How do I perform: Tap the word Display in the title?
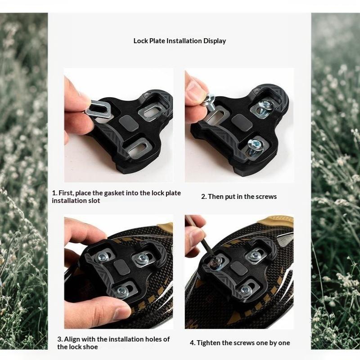coord(215,41)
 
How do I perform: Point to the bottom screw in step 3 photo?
coord(122,291)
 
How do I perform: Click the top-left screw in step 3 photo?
coord(103,256)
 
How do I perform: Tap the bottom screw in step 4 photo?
coord(246,290)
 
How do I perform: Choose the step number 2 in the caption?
coord(204,197)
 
